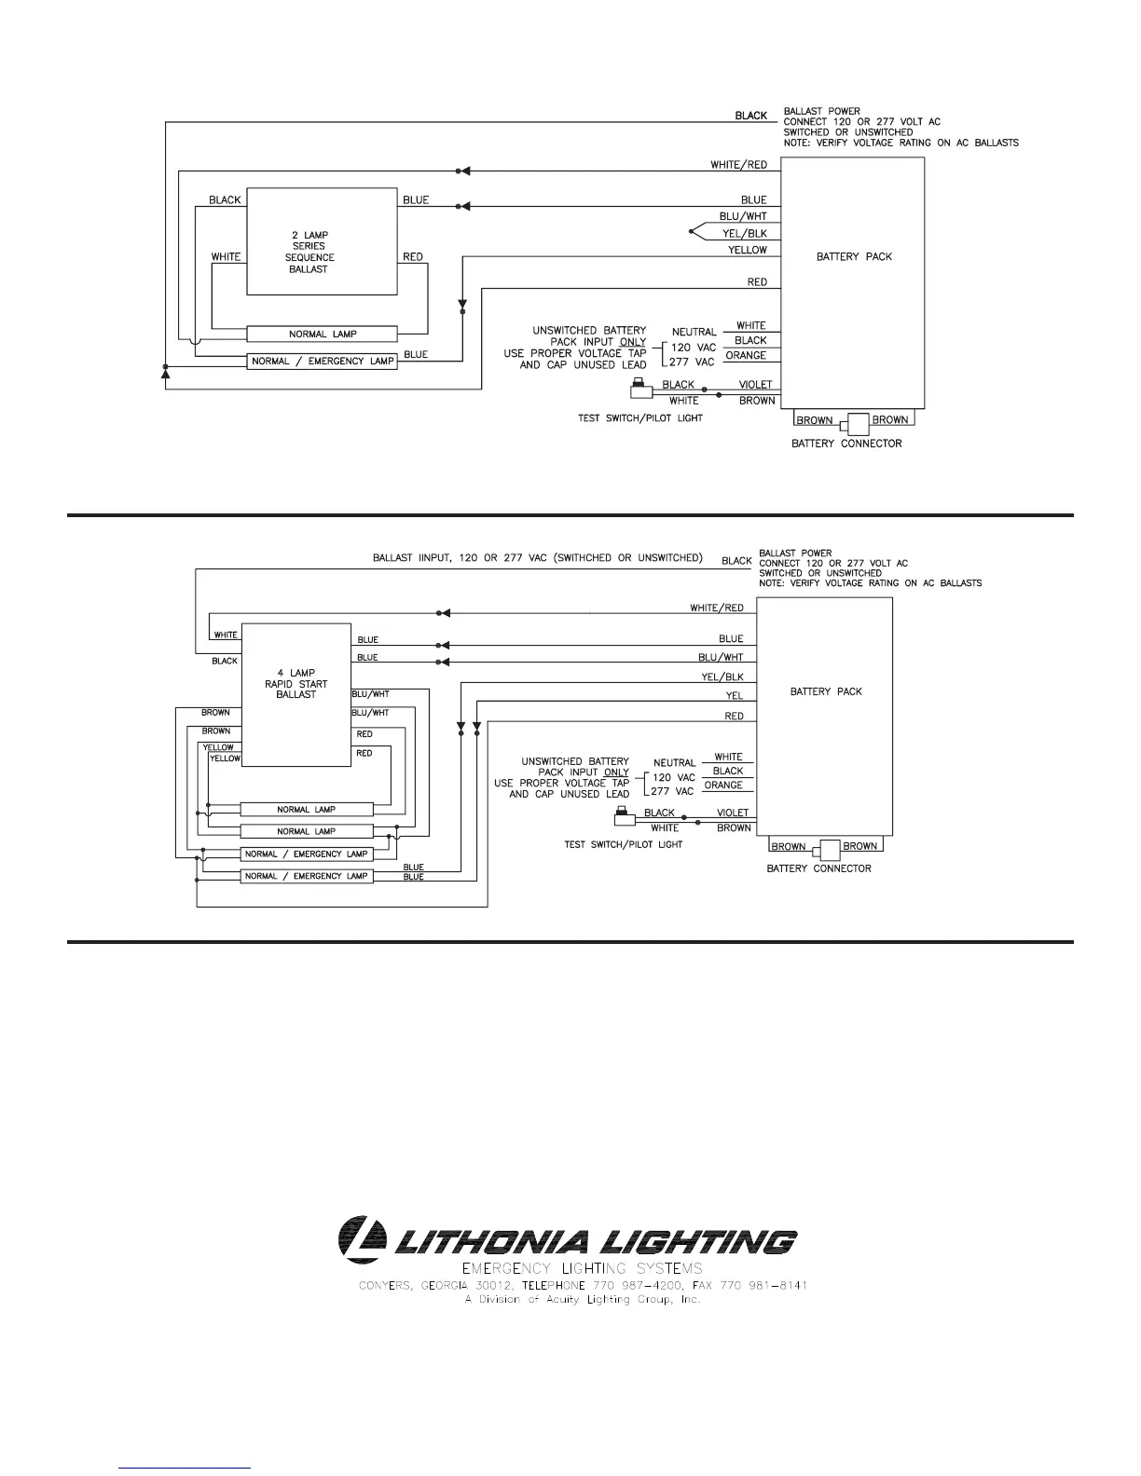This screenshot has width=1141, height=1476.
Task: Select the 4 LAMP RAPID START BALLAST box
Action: click(x=296, y=694)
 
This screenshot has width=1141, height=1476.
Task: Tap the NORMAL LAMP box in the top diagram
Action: click(x=322, y=334)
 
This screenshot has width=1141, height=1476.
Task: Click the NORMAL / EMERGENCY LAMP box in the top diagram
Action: click(x=322, y=361)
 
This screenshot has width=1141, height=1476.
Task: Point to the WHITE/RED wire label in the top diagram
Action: click(x=738, y=165)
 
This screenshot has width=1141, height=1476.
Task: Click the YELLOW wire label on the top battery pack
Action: click(x=747, y=250)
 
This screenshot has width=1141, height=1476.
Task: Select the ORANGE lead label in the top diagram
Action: click(x=746, y=355)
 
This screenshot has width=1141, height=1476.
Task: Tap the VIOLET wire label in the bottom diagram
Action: click(x=733, y=813)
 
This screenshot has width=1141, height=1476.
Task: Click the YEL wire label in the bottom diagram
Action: click(x=735, y=695)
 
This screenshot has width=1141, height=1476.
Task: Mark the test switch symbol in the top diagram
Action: click(x=639, y=386)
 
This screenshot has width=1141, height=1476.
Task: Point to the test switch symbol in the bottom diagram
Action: click(x=623, y=817)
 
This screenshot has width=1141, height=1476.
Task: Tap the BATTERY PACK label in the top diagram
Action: click(x=854, y=256)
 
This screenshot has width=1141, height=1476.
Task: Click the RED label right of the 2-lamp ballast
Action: click(x=412, y=257)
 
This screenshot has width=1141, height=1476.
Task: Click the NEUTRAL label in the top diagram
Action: click(x=694, y=332)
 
